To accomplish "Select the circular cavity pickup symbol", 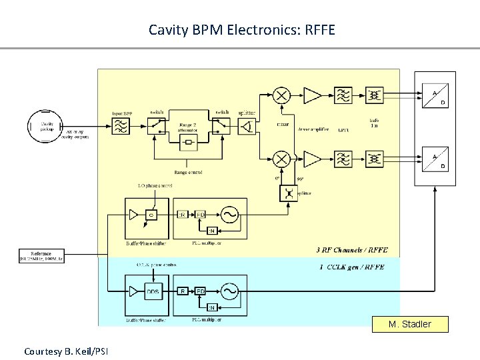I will [44, 125].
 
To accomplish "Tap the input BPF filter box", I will [122, 126].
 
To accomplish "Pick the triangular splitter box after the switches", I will [247, 126].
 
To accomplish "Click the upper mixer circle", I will [282, 95].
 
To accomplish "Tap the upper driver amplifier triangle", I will [311, 95].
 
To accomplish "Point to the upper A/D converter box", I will [435, 95].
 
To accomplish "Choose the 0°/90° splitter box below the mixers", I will [289, 193].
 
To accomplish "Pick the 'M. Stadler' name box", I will [409, 325].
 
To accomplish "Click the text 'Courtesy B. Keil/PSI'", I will [66, 351].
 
